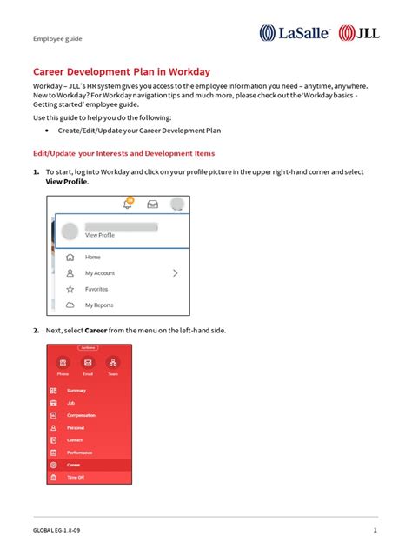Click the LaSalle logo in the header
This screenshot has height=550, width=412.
(294, 33)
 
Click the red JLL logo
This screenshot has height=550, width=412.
(357, 33)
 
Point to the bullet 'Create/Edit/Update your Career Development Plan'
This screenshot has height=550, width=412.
(139, 131)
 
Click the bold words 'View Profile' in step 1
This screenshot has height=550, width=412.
(67, 182)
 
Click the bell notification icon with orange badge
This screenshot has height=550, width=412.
(128, 204)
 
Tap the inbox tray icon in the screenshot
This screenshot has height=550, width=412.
(152, 205)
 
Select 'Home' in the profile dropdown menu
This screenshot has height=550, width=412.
(92, 258)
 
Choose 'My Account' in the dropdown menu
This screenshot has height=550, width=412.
(99, 273)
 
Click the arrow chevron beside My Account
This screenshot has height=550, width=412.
(176, 273)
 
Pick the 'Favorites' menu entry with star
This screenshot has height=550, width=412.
(96, 289)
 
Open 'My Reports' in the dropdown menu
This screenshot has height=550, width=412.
(98, 305)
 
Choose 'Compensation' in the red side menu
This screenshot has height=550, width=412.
(81, 415)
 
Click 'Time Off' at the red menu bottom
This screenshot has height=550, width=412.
(76, 478)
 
